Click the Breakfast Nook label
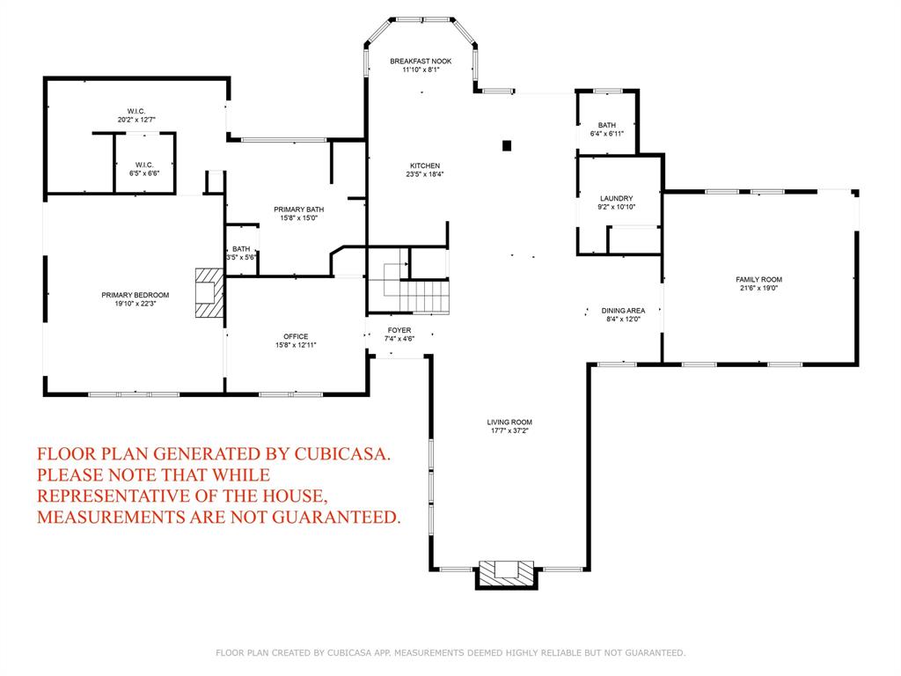click(421, 61)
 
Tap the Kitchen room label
click(425, 165)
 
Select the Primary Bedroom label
click(136, 295)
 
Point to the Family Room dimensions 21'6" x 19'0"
click(759, 288)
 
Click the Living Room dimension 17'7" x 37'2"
click(509, 430)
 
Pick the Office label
click(296, 336)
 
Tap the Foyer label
click(399, 330)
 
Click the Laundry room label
click(617, 198)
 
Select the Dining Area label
click(624, 311)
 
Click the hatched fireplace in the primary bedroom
click(209, 293)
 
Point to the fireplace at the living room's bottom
click(506, 573)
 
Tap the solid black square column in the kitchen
click(507, 145)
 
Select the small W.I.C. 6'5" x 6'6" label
click(144, 169)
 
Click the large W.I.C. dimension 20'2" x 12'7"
click(136, 120)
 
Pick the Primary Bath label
click(299, 209)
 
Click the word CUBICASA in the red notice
click(342, 453)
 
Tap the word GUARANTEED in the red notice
click(335, 517)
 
